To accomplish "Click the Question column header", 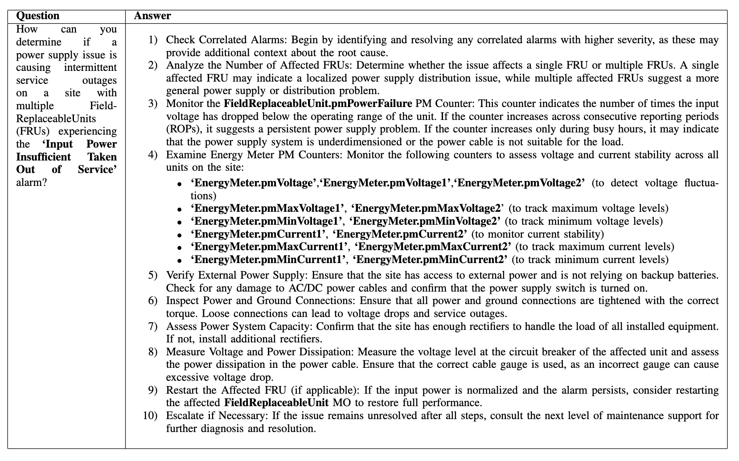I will (x=37, y=16).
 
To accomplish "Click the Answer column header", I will (x=152, y=16).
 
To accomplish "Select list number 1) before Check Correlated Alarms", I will (x=153, y=40).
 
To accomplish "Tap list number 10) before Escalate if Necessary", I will (x=150, y=416).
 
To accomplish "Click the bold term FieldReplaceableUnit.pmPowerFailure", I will (x=318, y=104).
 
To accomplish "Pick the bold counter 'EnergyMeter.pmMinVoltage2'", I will (x=425, y=222).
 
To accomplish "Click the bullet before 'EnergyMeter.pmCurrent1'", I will (x=179, y=235).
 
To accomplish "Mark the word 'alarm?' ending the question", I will (x=31, y=183).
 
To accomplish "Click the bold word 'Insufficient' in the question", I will (x=43, y=157).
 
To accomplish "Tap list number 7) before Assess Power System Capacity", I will (x=153, y=326).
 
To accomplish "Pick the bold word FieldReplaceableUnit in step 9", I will (x=276, y=403).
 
